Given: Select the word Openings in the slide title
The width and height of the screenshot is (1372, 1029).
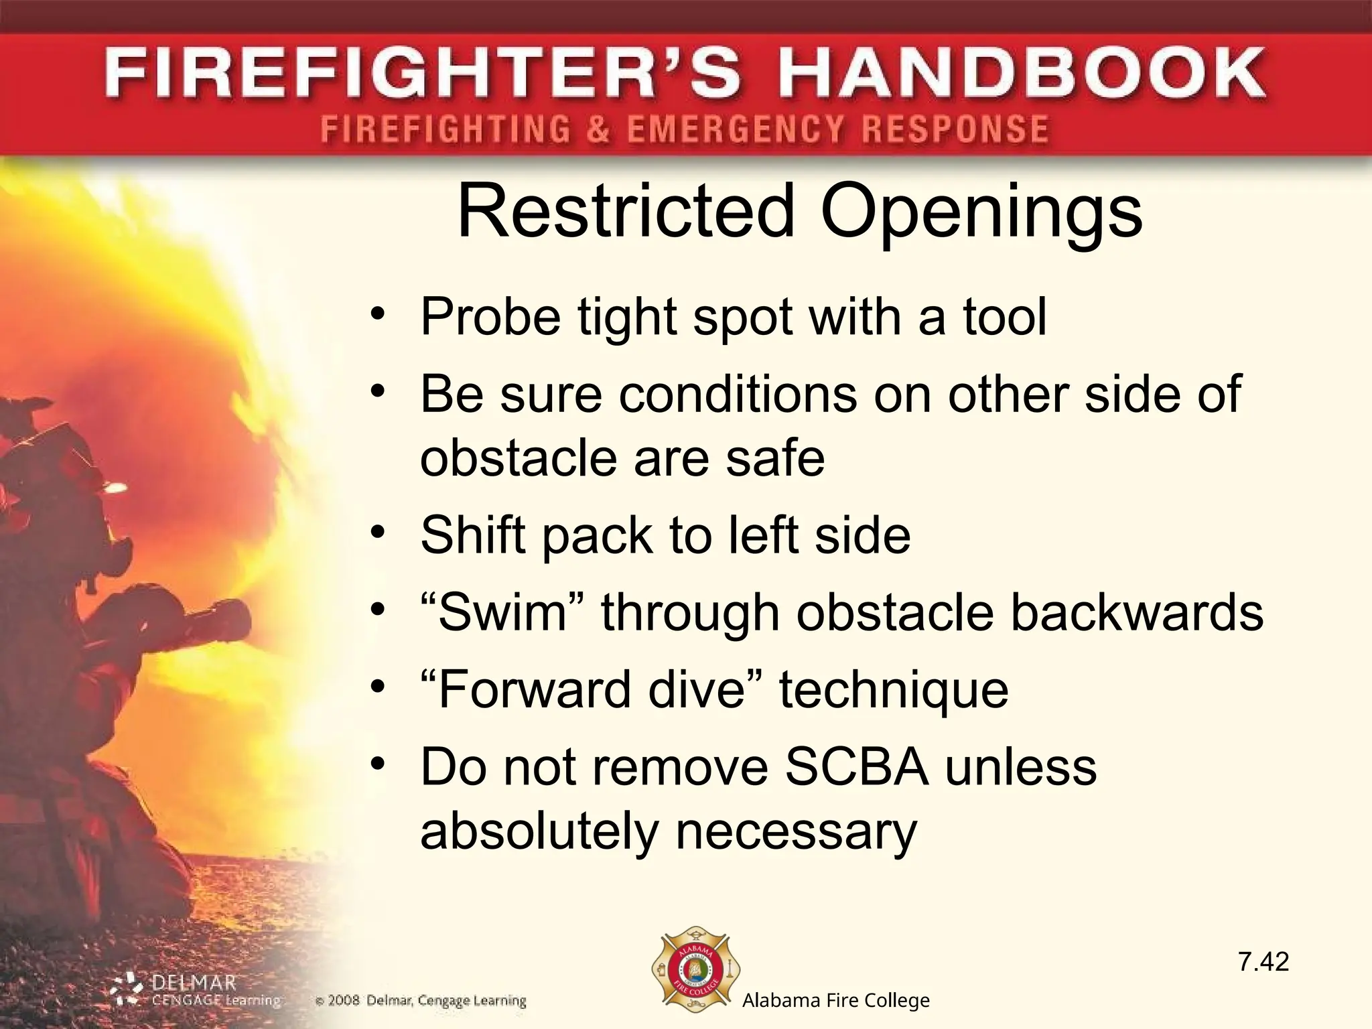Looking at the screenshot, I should pyautogui.click(x=981, y=213).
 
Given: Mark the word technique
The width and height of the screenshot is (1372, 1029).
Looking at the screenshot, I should pyautogui.click(x=894, y=690).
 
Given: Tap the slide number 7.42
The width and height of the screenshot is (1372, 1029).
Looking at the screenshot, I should pyautogui.click(x=1263, y=962).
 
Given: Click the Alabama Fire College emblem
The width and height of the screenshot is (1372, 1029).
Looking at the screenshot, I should pyautogui.click(x=696, y=971).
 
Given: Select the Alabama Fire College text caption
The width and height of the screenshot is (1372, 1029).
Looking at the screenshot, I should pyautogui.click(x=836, y=1001).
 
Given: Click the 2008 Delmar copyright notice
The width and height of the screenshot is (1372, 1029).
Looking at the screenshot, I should pyautogui.click(x=421, y=1002).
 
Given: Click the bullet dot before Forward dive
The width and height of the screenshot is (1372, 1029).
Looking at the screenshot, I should pyautogui.click(x=379, y=687).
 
